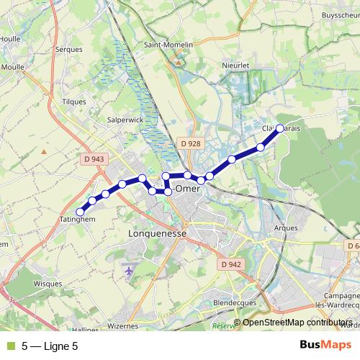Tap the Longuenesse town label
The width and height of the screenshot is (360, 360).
(156, 234)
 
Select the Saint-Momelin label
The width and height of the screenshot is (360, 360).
(169, 45)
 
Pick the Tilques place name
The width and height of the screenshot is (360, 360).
(74, 102)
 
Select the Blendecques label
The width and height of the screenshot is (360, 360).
(235, 303)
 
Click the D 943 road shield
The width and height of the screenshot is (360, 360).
(94, 159)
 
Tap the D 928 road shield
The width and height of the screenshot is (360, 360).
(191, 143)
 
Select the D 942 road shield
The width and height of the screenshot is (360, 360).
(231, 264)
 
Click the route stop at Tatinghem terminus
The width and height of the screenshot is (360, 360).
(81, 211)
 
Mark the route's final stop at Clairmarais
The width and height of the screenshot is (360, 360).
(280, 128)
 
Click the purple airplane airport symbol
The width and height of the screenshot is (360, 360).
(130, 271)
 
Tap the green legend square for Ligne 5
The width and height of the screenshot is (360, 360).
(9, 346)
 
